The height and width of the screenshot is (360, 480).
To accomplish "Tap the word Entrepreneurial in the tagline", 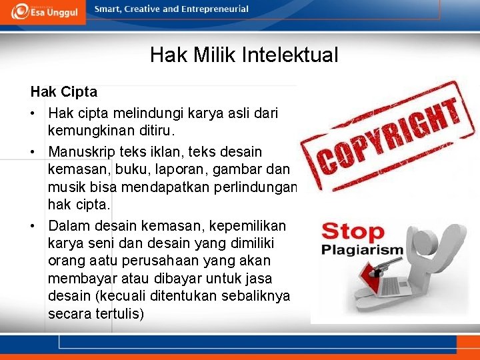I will pos(215,9).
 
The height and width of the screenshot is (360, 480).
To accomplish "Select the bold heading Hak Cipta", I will pos(64,91).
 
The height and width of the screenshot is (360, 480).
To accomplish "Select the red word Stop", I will pos(353,232).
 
